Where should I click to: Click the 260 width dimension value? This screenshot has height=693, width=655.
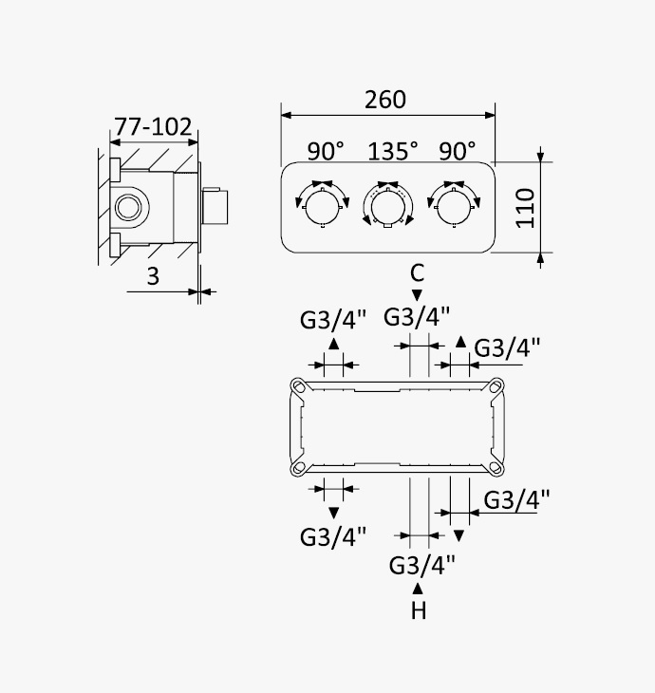(x=385, y=100)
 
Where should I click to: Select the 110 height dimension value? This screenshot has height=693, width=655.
(x=526, y=208)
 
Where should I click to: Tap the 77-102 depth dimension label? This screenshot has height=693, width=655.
(x=154, y=127)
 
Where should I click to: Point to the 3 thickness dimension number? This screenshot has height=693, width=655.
(x=153, y=276)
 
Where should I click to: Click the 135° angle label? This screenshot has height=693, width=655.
(x=393, y=151)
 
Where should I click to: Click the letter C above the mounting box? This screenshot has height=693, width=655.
(x=418, y=272)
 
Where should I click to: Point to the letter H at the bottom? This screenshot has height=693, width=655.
(x=419, y=610)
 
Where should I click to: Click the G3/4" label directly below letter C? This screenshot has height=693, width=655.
(x=417, y=316)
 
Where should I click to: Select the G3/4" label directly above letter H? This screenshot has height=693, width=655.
(x=421, y=565)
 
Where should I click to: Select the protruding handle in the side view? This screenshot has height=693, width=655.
(x=215, y=206)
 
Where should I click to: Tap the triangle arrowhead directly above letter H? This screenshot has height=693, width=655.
(x=418, y=589)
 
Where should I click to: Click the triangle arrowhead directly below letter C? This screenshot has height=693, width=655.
(x=417, y=295)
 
